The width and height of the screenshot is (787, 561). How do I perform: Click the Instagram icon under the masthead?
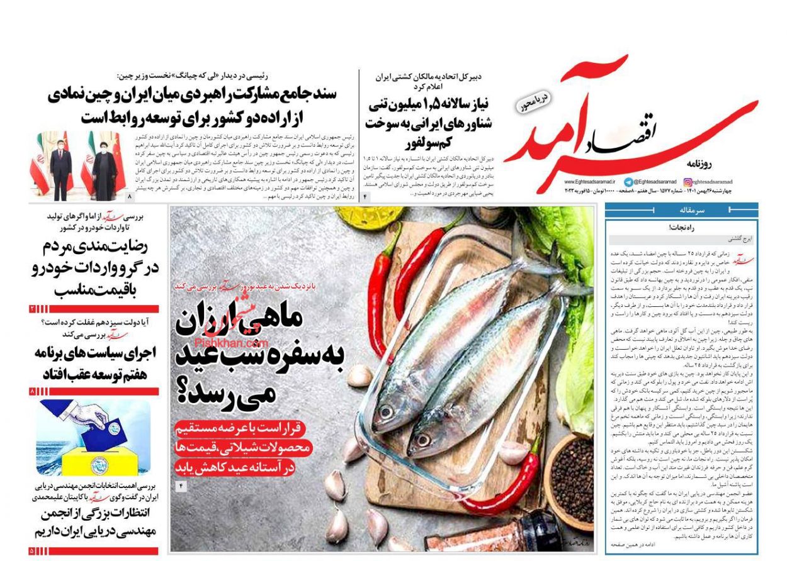(688, 182)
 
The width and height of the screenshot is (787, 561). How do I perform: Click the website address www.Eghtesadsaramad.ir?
(590, 182)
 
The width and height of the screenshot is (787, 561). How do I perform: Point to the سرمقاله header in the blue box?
(681, 211)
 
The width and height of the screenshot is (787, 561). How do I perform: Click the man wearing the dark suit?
(61, 167)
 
